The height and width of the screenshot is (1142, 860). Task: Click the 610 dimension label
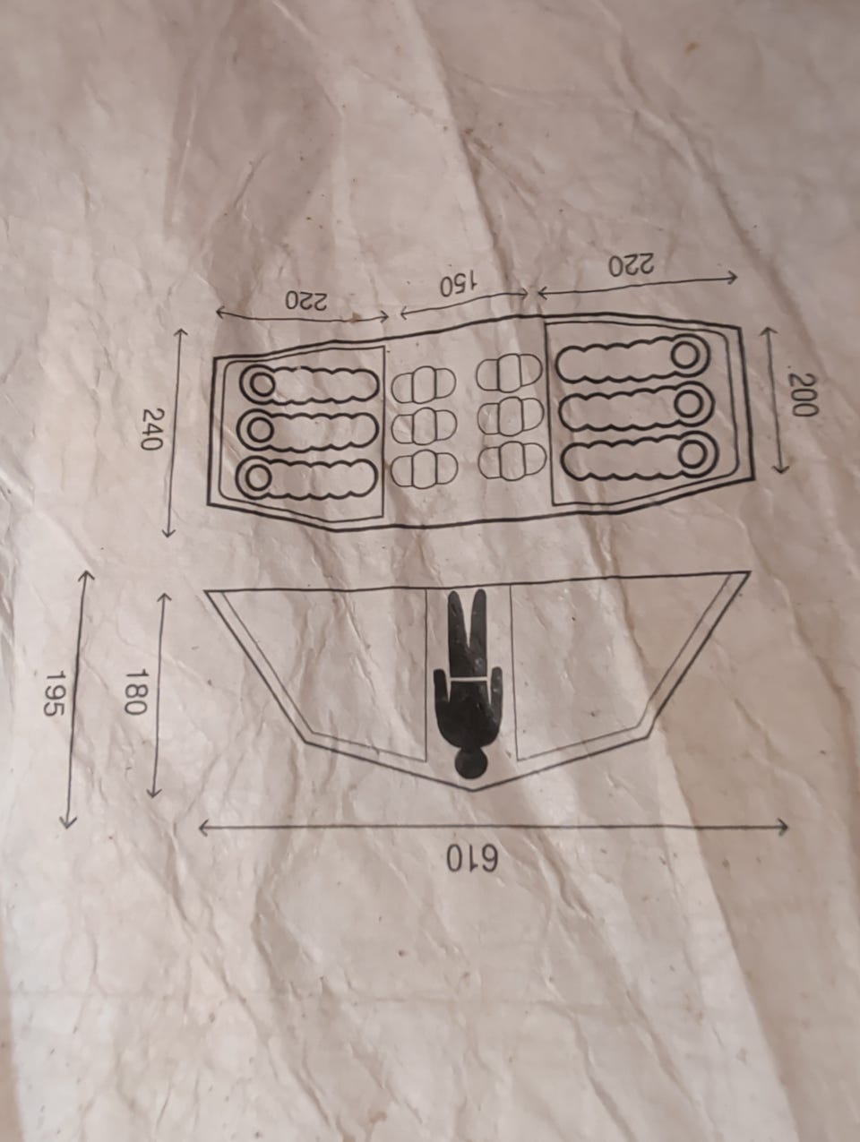(472, 861)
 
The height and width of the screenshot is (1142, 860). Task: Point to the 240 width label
(154, 429)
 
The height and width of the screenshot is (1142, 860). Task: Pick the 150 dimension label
(458, 285)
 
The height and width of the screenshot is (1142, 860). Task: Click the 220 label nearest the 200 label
(633, 265)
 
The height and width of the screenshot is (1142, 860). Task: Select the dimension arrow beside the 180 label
(159, 696)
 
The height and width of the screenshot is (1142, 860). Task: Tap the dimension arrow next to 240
(174, 433)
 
